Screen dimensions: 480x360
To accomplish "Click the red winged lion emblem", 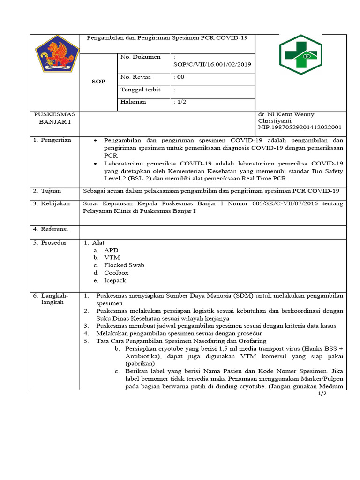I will [54, 54].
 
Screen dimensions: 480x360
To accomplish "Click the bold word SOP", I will [98, 81].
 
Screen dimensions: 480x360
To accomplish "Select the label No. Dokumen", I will [140, 57].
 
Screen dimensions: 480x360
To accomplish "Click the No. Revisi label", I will [135, 77].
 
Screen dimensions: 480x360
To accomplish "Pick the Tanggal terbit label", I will [141, 90].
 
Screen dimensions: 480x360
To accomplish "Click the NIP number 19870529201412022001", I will [300, 127].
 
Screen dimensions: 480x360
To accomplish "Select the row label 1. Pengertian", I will [52, 140].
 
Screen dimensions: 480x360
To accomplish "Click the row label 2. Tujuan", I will [48, 191].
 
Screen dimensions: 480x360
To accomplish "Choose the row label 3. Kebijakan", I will [52, 203].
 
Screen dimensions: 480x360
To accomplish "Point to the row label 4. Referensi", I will [51, 229].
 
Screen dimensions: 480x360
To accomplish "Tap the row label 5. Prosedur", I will [50, 243].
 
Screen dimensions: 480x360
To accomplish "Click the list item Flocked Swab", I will [124, 265].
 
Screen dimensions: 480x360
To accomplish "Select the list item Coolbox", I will [116, 273].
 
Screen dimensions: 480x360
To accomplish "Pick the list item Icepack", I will [115, 280].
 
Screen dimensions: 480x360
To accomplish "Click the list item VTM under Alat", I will [112, 258].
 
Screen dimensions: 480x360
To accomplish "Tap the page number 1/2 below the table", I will [322, 394].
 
